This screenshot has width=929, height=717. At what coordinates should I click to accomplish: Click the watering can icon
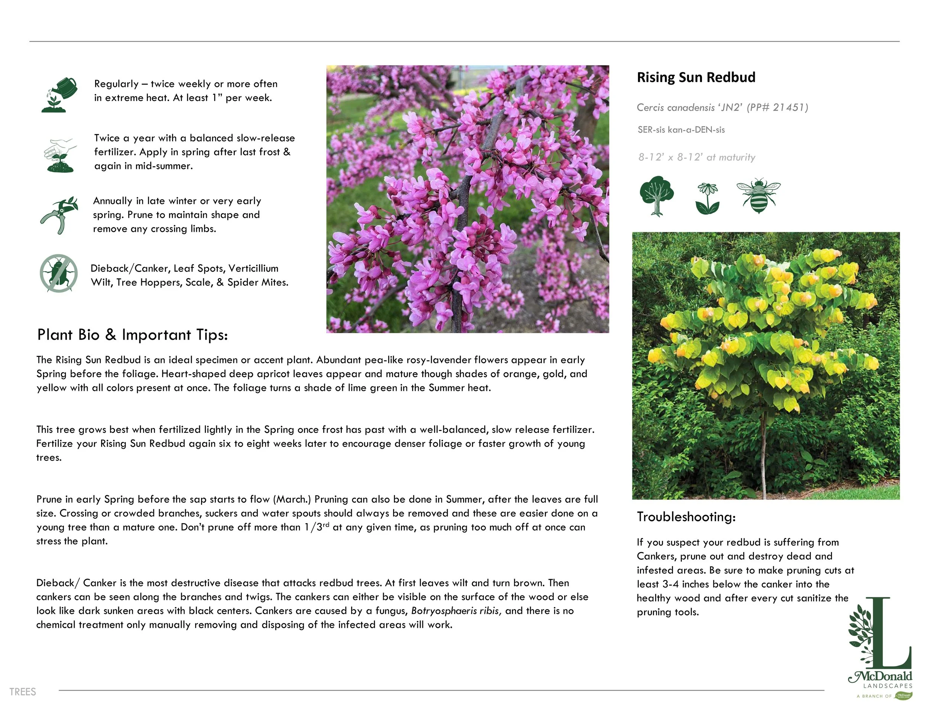pyautogui.click(x=59, y=94)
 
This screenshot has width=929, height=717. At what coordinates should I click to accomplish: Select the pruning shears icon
pyautogui.click(x=59, y=215)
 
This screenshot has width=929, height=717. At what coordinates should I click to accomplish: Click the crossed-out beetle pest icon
pyautogui.click(x=59, y=273)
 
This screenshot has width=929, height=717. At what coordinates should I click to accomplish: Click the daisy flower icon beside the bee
pyautogui.click(x=707, y=198)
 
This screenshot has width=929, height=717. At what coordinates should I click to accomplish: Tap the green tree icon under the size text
pyautogui.click(x=656, y=196)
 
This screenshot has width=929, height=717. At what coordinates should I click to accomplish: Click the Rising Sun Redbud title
pyautogui.click(x=696, y=77)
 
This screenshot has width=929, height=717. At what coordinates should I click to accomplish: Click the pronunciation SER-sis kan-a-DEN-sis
pyautogui.click(x=681, y=130)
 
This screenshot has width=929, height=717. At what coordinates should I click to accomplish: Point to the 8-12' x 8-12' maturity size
pyautogui.click(x=696, y=158)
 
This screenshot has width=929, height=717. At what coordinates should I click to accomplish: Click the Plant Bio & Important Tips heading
pyautogui.click(x=132, y=335)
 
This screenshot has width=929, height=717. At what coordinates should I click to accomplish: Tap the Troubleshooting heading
pyautogui.click(x=686, y=517)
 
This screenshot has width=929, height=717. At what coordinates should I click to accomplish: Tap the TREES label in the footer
pyautogui.click(x=23, y=692)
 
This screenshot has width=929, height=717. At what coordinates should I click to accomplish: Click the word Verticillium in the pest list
pyautogui.click(x=253, y=268)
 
